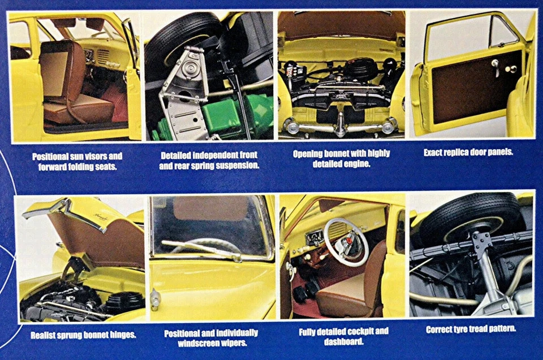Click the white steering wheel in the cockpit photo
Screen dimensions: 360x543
346,242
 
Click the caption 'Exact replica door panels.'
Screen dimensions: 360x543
468,152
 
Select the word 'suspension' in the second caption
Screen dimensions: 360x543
236,165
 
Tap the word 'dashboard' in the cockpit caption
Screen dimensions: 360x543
343,341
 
